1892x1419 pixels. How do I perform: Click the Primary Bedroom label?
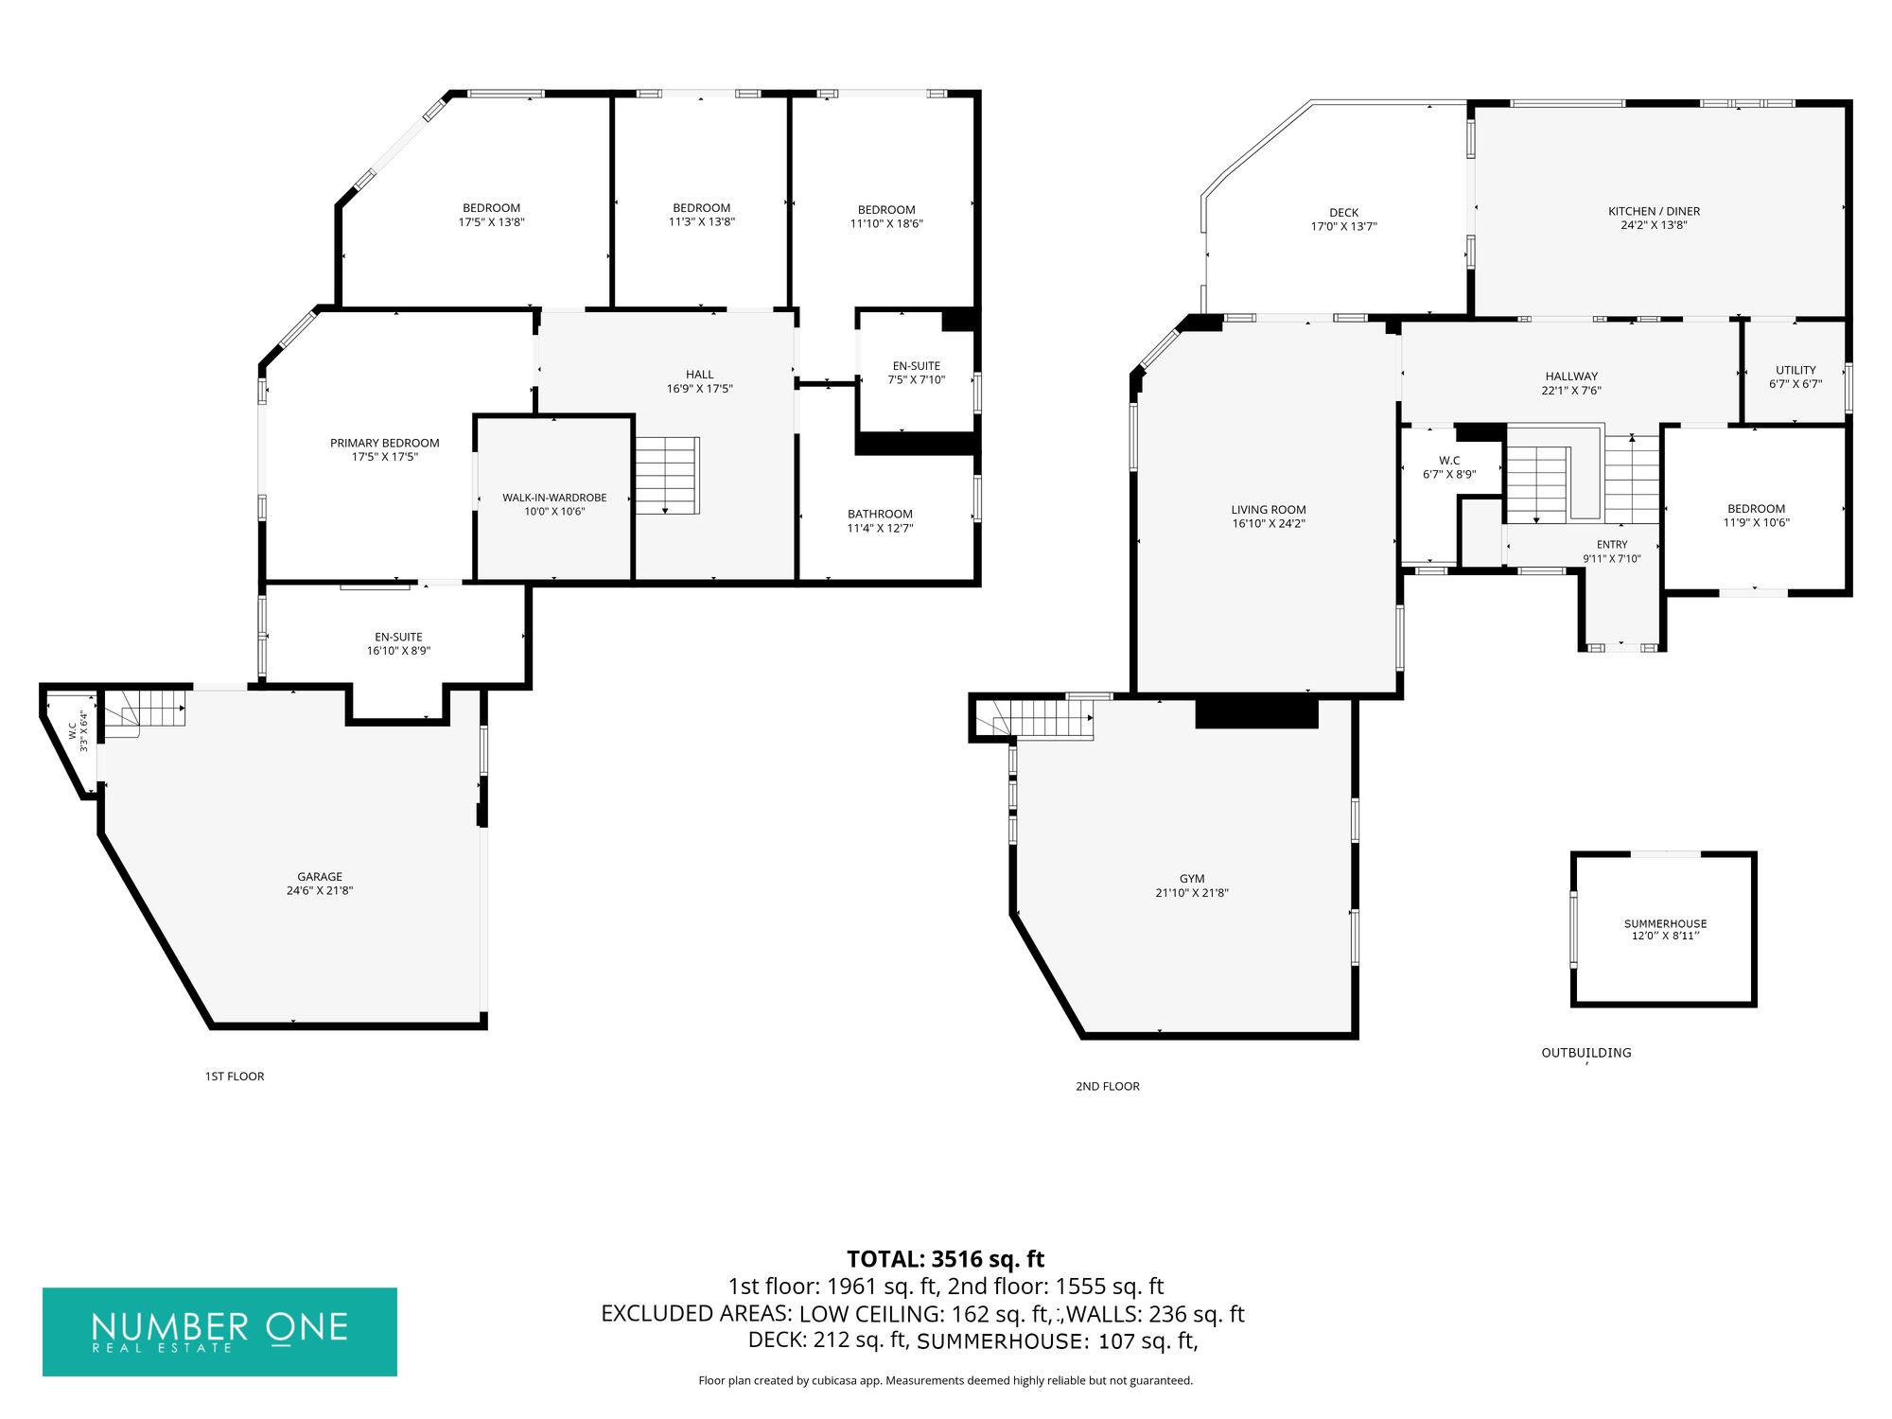pos(385,443)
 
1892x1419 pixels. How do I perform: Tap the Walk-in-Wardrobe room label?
pos(554,498)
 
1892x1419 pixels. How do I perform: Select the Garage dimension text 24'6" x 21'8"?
pos(320,891)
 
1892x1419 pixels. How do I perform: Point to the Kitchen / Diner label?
pos(1654,211)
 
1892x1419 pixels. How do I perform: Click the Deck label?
pos(1343,213)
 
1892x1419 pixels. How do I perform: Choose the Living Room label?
pos(1269,510)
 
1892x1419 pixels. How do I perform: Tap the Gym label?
pos(1192,879)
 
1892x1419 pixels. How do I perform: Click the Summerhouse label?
pos(1666,924)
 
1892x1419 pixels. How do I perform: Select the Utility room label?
pos(1796,370)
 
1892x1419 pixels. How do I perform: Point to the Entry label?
pos(1612,545)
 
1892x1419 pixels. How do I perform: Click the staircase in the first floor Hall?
pos(667,476)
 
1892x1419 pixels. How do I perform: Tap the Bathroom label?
pos(880,515)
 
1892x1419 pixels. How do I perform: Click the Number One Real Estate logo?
pos(219,1331)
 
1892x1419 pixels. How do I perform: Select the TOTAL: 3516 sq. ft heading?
pos(945,1259)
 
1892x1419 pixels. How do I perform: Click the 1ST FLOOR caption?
pos(235,1077)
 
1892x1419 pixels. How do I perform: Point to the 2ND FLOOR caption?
pos(1108,1086)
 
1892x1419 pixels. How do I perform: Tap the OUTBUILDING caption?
pos(1586,1052)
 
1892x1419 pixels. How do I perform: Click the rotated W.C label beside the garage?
pos(72,730)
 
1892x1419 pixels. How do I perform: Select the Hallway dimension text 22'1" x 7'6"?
pos(1571,391)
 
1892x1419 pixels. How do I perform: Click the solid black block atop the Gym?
pos(1257,713)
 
